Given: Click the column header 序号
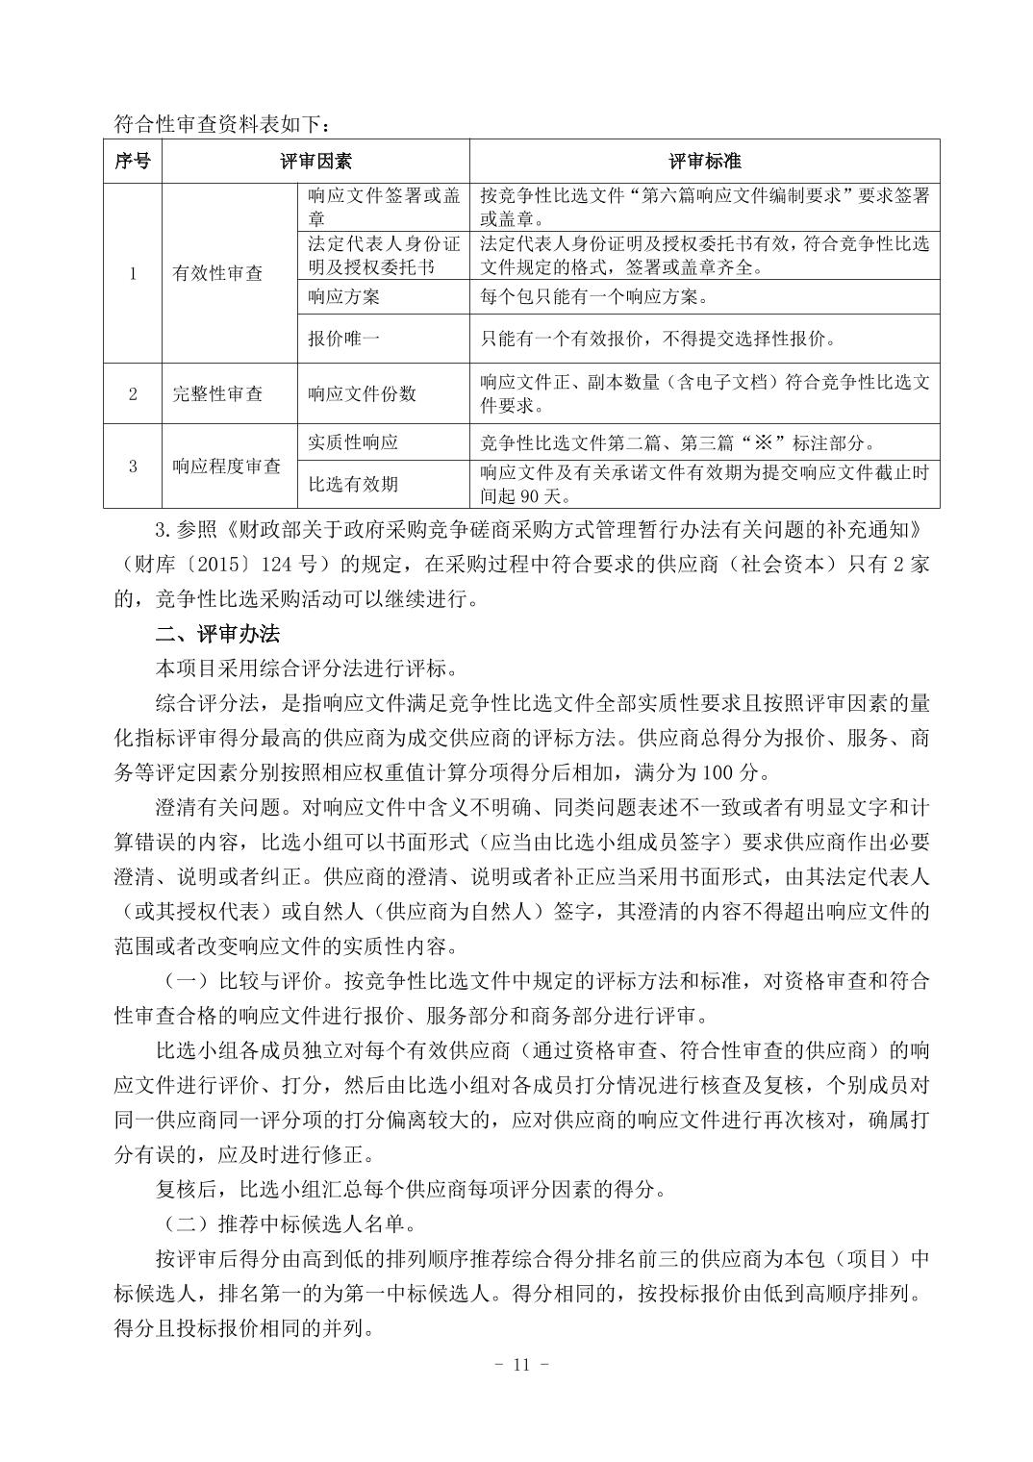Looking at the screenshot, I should pos(133,161).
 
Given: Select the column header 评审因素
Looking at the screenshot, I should pos(315,161).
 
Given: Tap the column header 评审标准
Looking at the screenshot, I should pos(704,161).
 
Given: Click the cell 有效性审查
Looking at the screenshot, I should pos(217,273).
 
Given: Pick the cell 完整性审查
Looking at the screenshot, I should pos(217,393).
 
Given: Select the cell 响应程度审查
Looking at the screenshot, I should pos(227,466).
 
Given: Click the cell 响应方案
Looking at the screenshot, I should pos(343,296).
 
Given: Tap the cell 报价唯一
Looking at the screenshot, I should pos(343,339).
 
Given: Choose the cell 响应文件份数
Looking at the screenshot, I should pos(362,393).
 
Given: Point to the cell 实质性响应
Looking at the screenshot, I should pos(352,442).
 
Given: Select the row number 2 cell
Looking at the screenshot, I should pos(133,393).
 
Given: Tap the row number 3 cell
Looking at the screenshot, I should pos(133,466).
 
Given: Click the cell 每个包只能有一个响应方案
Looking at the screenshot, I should pos(593,296).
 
